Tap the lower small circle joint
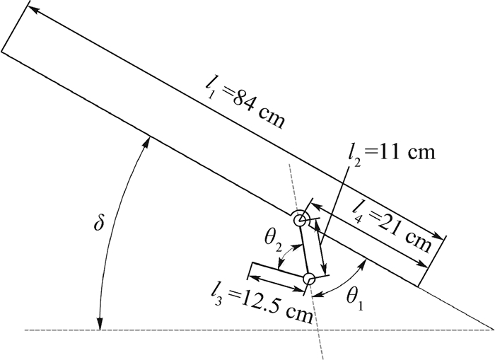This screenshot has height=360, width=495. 309,279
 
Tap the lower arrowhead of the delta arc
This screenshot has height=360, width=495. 100,324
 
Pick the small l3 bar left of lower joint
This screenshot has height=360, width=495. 278,273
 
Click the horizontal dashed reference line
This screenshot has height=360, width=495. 212,330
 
